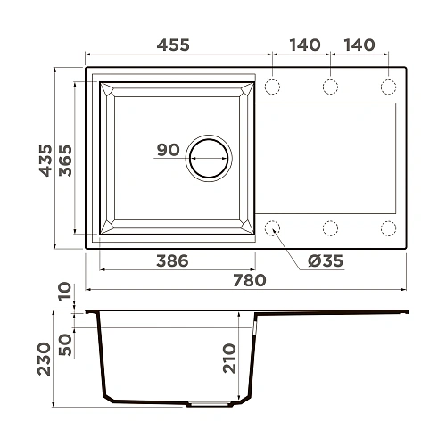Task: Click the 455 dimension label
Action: click(173, 45)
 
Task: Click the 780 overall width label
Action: click(250, 280)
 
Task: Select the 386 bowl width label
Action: click(172, 260)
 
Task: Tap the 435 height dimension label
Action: click(45, 161)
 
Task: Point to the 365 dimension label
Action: click(65, 161)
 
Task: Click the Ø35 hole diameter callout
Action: click(326, 260)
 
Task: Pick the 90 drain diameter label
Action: click(169, 150)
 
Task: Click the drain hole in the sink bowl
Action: click(209, 158)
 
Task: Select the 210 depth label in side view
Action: click(229, 359)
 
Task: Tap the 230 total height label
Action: click(45, 359)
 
